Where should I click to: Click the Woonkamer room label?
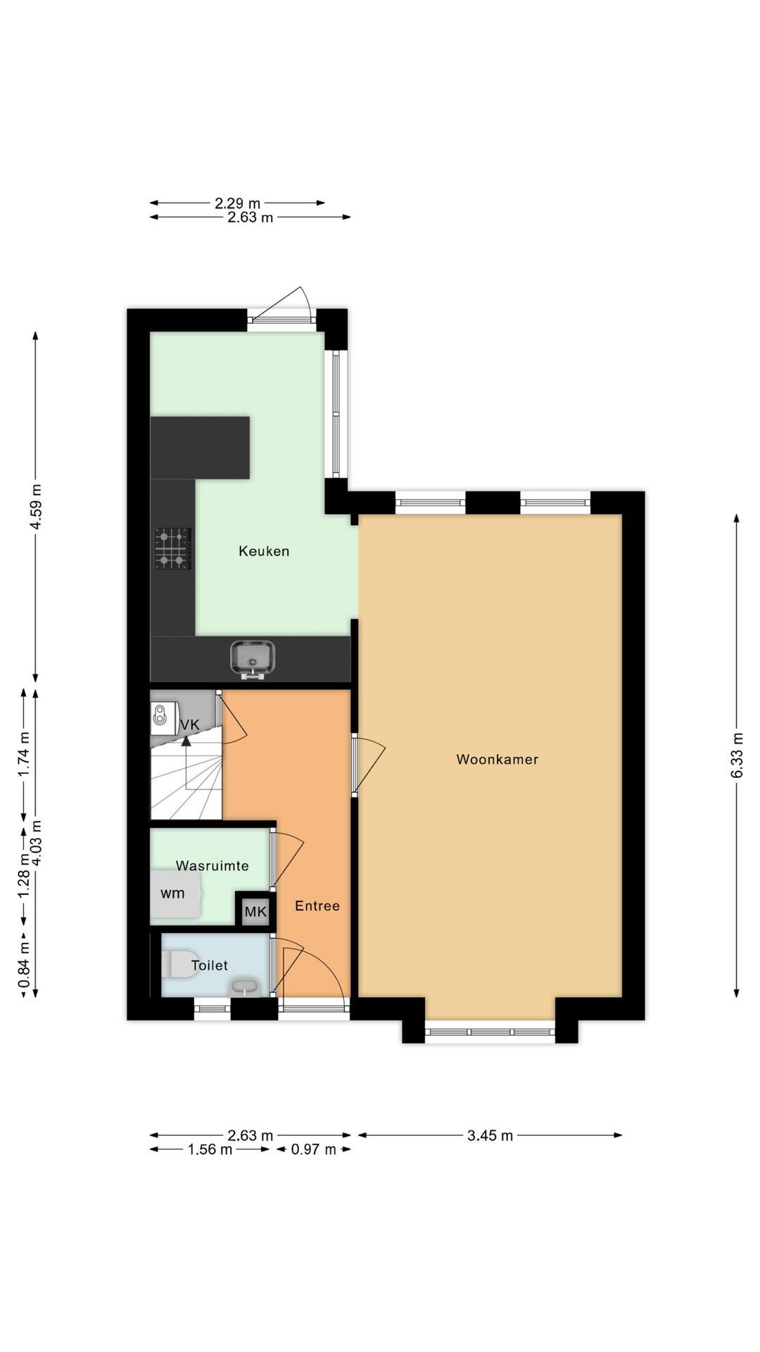497,759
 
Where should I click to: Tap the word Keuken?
264,551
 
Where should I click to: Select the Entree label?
317,906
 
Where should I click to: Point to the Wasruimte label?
213,865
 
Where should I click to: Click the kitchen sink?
253,658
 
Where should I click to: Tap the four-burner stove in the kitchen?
172,548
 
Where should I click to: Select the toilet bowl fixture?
180,964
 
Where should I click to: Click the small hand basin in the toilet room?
244,988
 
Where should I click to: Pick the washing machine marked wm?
175,894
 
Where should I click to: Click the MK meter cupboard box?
255,912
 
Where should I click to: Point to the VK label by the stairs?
190,725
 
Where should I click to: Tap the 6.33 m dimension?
737,756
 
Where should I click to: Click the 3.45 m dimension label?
490,1135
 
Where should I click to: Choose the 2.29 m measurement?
237,204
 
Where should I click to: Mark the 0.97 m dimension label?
314,1149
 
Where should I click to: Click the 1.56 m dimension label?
210,1149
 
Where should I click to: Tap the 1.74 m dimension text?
24,755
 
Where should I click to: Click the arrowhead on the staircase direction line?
186,741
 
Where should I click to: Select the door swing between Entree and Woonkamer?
369,765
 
